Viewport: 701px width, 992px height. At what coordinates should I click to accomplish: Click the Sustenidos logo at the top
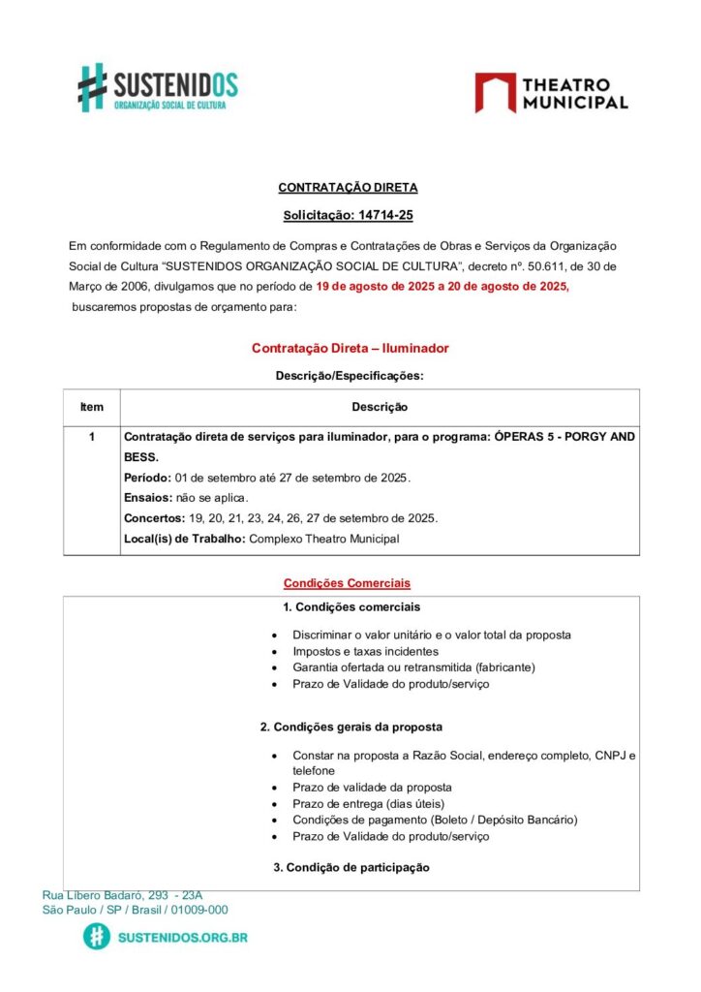[157, 87]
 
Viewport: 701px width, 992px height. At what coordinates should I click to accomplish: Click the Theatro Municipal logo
[551, 93]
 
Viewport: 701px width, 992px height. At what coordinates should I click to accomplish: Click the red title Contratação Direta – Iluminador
[350, 348]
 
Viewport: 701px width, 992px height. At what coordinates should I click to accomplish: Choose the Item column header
[92, 407]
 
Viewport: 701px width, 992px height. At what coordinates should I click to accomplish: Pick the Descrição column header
[379, 407]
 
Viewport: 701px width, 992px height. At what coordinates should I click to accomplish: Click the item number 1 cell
[92, 437]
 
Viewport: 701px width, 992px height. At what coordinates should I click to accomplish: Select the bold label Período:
[148, 478]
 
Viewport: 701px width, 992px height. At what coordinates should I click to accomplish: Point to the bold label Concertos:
[153, 518]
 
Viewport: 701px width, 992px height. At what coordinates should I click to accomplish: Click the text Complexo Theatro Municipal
[324, 539]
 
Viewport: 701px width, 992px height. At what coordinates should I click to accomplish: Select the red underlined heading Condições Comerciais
[347, 583]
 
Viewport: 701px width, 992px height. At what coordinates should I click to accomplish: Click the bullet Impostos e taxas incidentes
[365, 652]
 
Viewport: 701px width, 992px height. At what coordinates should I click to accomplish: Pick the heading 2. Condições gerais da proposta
[350, 727]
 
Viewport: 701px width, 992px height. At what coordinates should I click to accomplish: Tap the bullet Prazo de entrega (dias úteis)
[368, 803]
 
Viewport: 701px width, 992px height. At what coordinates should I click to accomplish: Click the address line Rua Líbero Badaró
[122, 895]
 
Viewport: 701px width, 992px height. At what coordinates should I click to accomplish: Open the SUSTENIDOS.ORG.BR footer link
[181, 938]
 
